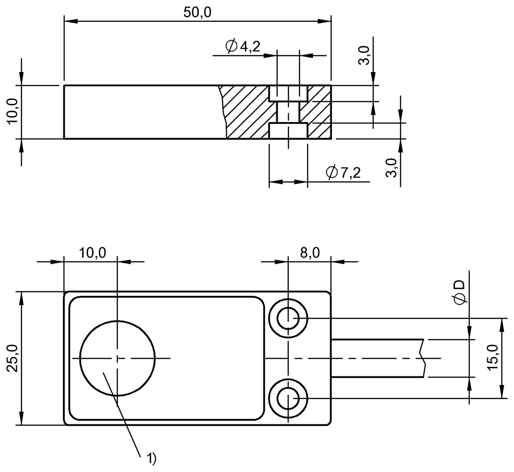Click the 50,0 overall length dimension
(197, 12)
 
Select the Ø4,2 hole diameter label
(242, 46)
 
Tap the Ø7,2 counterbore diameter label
(343, 173)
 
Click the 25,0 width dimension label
(13, 358)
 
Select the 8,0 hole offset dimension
(309, 253)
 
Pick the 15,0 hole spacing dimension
(493, 358)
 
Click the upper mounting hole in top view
(288, 319)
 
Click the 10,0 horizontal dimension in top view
(92, 253)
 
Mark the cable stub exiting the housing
(377, 358)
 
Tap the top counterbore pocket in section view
(288, 93)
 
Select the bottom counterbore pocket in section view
(288, 131)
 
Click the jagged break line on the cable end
(423, 358)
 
